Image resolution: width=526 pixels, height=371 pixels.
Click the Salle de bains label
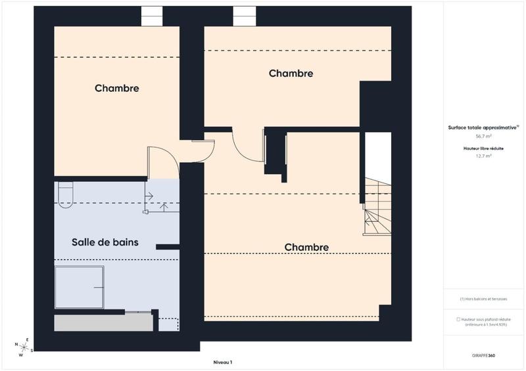(105, 242)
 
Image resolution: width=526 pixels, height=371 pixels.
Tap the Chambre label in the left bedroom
(116, 88)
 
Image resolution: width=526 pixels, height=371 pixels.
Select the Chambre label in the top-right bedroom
(291, 74)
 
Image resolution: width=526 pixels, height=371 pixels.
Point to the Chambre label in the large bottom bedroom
(306, 247)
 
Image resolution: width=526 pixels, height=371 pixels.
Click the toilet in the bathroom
(64, 195)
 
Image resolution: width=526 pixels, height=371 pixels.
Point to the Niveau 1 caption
(223, 362)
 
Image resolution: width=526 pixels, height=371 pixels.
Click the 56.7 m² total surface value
(484, 137)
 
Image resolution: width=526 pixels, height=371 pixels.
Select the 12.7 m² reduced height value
(484, 156)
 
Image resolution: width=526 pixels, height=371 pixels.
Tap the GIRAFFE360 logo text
(484, 355)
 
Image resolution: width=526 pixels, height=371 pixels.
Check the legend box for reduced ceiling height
(458, 319)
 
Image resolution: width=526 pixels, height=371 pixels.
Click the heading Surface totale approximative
(483, 127)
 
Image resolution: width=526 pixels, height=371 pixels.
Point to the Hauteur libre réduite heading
(484, 148)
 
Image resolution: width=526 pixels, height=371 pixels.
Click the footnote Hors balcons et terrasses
(484, 299)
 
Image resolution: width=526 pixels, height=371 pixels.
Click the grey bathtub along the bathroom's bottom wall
(102, 323)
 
